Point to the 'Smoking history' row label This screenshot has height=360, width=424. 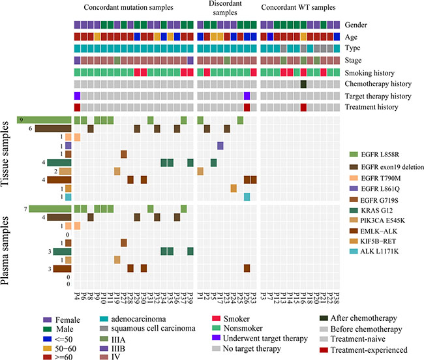tap(372, 72)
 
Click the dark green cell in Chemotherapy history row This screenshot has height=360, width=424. tap(303, 83)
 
